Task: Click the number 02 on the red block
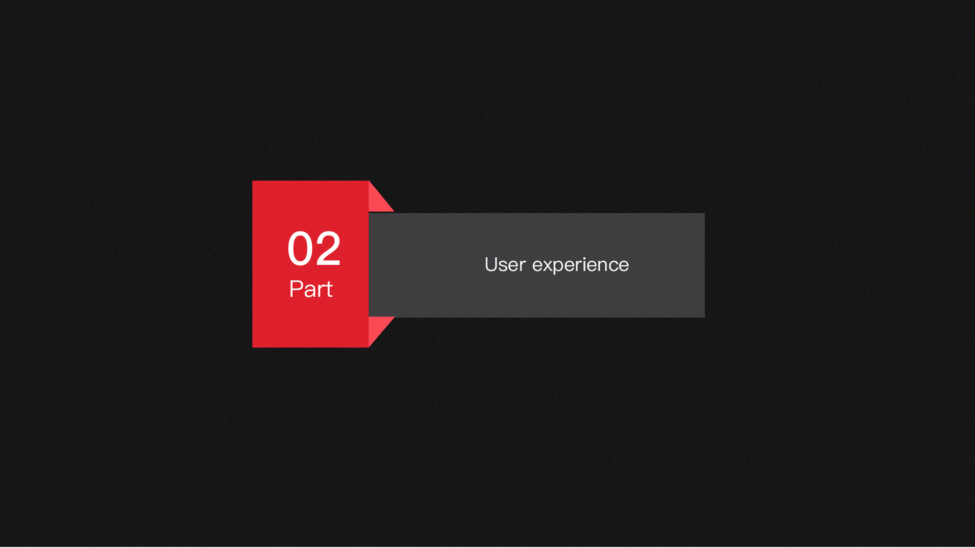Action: tap(314, 248)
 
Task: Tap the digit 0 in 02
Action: tap(300, 248)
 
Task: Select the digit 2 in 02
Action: tap(328, 248)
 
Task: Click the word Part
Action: tap(311, 289)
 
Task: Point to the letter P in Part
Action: tap(296, 289)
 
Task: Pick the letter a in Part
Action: tap(310, 291)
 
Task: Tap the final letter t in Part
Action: tap(329, 290)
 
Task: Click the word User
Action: tap(505, 265)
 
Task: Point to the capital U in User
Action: tap(491, 265)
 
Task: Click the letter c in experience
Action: tap(614, 267)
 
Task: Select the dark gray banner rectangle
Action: tap(537, 265)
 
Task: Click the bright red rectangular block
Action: tap(310, 264)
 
